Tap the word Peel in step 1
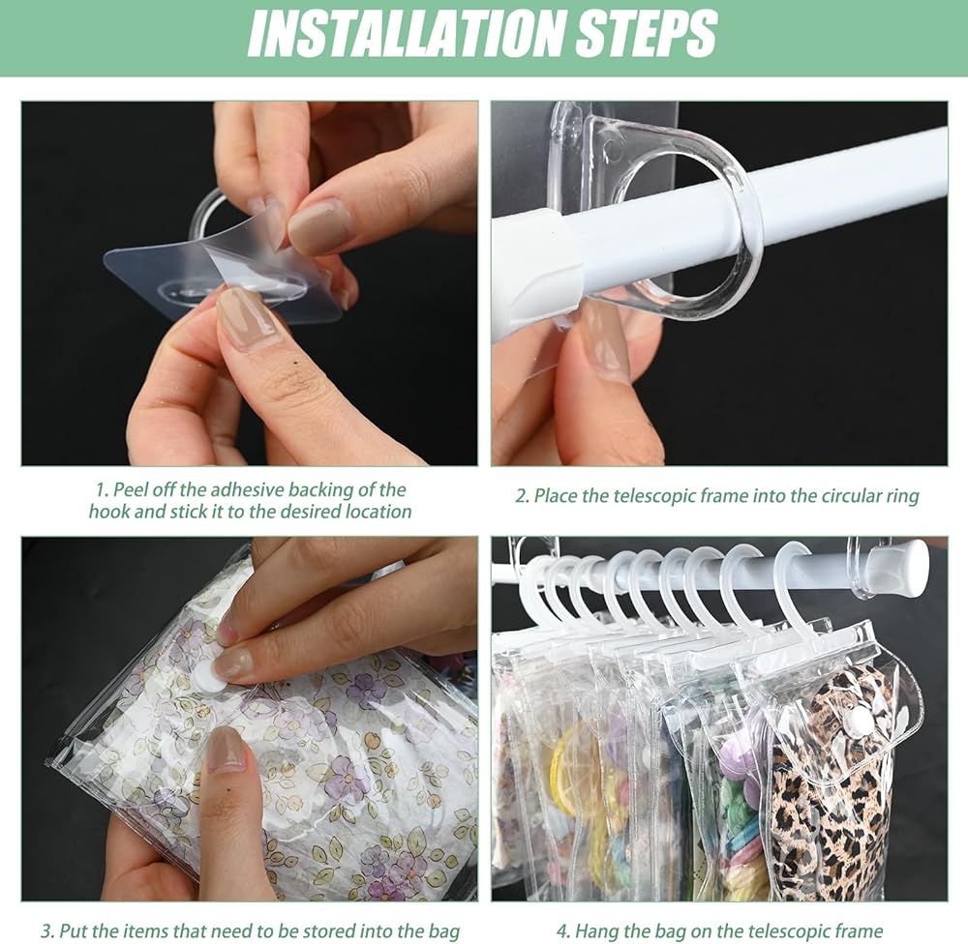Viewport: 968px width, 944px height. (129, 490)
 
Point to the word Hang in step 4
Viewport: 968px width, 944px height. (592, 930)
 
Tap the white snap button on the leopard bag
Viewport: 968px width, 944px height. (857, 718)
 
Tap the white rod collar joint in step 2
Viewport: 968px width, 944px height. (538, 265)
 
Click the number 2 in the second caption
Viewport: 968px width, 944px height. (521, 496)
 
